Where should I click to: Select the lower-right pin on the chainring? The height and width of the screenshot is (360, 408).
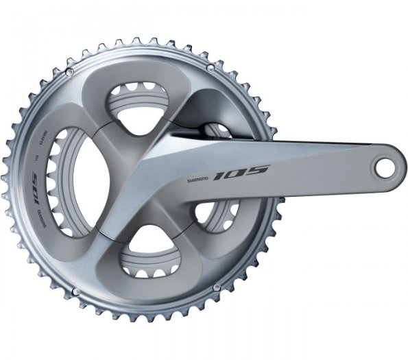[217, 287]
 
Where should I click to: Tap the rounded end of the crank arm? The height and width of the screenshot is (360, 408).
[387, 165]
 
